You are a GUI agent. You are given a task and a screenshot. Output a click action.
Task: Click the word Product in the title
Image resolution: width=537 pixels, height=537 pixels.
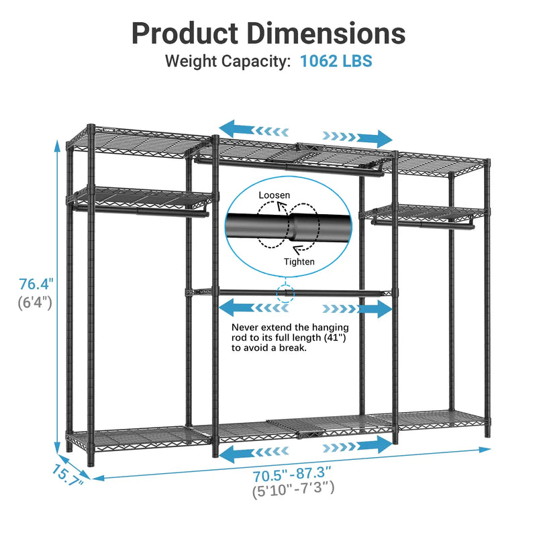tap(185, 34)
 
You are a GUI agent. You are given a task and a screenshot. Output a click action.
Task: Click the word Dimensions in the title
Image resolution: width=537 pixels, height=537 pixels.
tap(326, 34)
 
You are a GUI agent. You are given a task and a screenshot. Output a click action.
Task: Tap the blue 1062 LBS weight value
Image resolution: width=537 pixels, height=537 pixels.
tap(336, 61)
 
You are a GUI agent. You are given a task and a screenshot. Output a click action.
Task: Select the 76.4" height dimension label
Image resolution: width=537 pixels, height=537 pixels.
tap(36, 284)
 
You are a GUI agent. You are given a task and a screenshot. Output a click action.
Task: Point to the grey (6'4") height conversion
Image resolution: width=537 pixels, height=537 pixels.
tap(35, 303)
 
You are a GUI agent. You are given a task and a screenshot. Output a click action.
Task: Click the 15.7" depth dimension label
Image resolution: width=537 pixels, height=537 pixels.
tap(68, 476)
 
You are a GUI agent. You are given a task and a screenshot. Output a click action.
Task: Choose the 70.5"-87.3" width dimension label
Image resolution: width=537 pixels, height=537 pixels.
tap(292, 475)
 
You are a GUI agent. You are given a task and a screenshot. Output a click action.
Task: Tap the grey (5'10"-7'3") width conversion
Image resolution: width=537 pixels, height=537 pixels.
tap(293, 489)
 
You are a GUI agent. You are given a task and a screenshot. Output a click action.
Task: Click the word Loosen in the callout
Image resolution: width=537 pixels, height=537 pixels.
tap(275, 195)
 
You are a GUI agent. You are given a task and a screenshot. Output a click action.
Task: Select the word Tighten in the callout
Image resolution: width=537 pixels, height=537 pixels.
tap(299, 262)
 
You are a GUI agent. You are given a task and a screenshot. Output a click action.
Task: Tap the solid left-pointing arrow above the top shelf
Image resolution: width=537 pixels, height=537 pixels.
tap(236, 130)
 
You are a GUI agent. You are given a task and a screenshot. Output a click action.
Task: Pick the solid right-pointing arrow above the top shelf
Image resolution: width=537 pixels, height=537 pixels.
tap(375, 138)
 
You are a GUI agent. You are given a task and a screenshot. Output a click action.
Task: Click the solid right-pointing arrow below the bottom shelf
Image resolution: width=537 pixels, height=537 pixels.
tap(375, 444)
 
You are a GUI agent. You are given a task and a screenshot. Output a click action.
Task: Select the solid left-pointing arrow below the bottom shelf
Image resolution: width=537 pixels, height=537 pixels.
tap(236, 454)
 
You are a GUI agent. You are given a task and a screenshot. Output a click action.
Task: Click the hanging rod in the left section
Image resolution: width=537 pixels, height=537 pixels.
tap(141, 211)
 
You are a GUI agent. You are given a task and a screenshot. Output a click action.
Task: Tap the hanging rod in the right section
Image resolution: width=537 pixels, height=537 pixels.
tap(423, 224)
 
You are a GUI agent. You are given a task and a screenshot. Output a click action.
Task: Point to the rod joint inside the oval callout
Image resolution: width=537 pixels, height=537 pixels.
tap(292, 227)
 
